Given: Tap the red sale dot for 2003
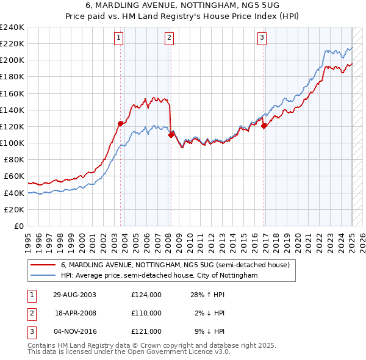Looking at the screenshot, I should tap(121, 123).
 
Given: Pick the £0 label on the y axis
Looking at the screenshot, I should tap(18, 226).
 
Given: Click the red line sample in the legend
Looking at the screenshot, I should tap(44, 265).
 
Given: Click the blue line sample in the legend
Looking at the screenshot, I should tap(44, 275).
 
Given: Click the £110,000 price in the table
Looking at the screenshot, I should tap(146, 313).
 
